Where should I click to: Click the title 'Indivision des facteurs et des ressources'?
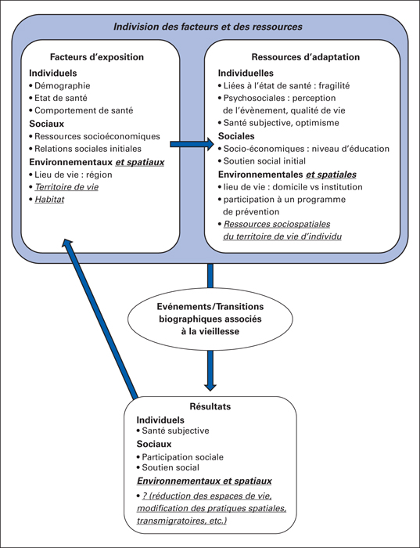coord(208,27)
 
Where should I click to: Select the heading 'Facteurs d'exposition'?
coord(97,57)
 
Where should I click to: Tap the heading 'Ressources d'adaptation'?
coord(306,57)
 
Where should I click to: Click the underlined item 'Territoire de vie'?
coord(66,187)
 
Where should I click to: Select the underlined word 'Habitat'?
coord(49,199)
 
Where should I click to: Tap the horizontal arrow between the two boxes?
coord(192,144)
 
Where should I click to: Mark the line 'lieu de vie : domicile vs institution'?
coord(293,187)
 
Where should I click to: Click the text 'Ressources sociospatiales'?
coord(277,224)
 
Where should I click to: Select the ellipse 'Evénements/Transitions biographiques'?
coord(210,319)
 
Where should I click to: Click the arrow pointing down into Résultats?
coord(210,370)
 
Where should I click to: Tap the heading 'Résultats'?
coord(210,406)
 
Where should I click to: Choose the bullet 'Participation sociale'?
coord(182,457)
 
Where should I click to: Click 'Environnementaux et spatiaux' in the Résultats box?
coord(204,481)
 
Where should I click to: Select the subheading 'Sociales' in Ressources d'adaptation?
coord(236,136)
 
